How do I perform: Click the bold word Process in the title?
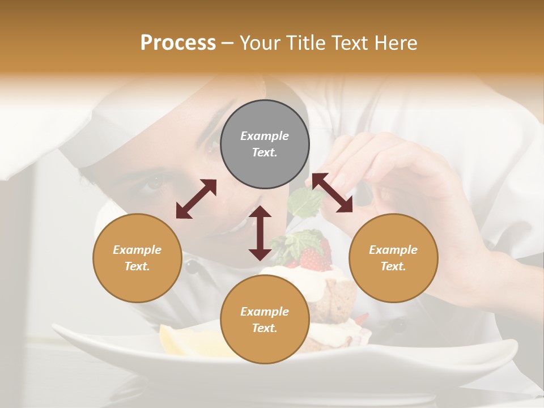(178, 42)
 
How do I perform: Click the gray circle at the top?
(265, 144)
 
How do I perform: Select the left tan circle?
(137, 258)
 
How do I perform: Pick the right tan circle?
(393, 258)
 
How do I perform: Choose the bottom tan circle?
(265, 319)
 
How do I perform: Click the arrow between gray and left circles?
(196, 199)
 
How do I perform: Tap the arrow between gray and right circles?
(332, 193)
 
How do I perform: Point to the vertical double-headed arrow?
(260, 233)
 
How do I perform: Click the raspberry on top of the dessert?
(311, 259)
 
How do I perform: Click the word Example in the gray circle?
(265, 136)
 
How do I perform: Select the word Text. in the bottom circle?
(265, 328)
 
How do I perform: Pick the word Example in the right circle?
(393, 250)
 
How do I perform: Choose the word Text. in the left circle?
(137, 266)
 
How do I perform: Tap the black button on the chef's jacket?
(193, 266)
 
